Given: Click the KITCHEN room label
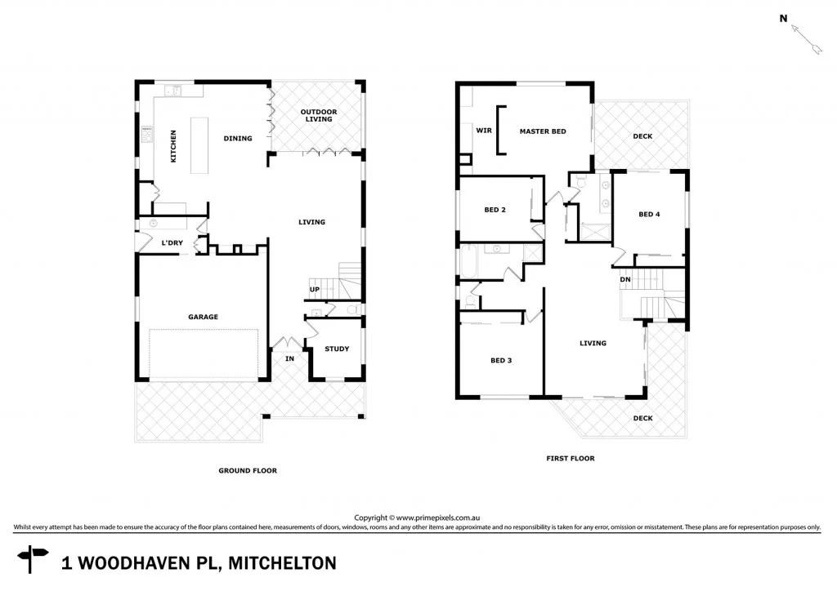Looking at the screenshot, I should [x=173, y=146].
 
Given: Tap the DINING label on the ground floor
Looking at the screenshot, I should [x=238, y=139].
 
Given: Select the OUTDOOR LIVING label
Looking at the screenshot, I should [x=318, y=115].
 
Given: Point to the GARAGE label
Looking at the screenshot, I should [x=203, y=317].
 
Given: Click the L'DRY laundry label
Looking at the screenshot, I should [x=172, y=242].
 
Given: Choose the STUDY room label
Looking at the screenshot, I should [x=337, y=349].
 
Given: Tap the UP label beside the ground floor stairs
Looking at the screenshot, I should [x=314, y=290].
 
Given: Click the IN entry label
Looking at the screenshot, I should [x=289, y=358].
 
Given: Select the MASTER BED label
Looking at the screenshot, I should [x=543, y=131].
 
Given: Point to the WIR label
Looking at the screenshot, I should [x=484, y=131].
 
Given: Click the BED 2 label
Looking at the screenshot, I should [x=495, y=210].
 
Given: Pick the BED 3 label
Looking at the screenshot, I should [x=501, y=360].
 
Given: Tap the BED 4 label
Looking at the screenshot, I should [x=649, y=214].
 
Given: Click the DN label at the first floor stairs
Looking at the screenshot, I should [x=625, y=279].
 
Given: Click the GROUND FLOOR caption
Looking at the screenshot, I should [x=248, y=470].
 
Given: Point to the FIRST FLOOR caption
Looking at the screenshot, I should [x=571, y=459].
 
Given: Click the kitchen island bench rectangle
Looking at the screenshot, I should [x=199, y=144].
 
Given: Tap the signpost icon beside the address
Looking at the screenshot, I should [x=34, y=559].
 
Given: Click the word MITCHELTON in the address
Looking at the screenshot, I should [x=282, y=562].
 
